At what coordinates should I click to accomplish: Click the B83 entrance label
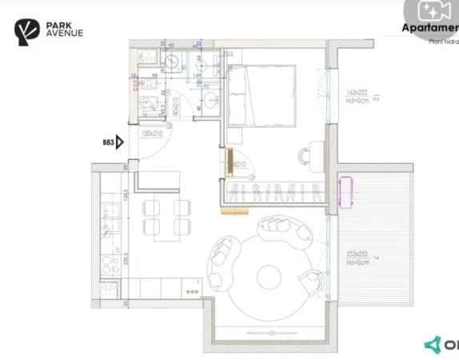[x=108, y=142]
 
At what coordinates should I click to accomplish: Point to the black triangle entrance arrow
[x=120, y=142]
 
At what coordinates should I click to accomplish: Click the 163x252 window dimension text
[x=356, y=92]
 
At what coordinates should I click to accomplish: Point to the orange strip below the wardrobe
[x=233, y=212]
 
